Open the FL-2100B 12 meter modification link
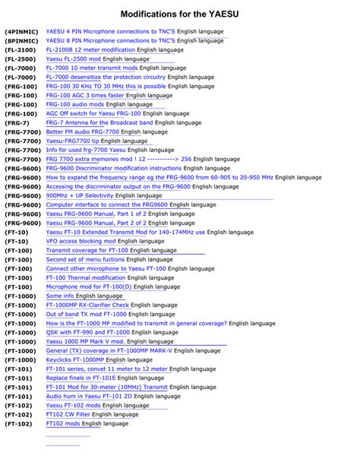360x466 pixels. click(x=90, y=49)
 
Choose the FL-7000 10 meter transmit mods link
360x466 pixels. click(x=93, y=77)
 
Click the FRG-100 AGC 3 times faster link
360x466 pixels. click(x=85, y=95)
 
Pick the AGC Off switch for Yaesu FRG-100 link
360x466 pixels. click(x=93, y=113)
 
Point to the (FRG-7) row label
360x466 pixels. click(x=17, y=122)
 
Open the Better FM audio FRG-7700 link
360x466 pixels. click(x=83, y=132)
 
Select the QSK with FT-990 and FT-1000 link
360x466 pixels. click(x=87, y=332)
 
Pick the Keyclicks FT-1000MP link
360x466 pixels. click(x=80, y=360)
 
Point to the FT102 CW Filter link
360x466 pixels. click(x=73, y=414)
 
